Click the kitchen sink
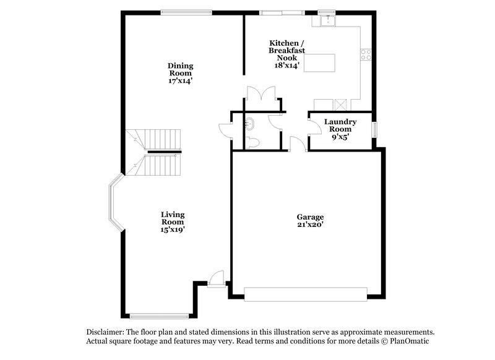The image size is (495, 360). pyautogui.click(x=325, y=22)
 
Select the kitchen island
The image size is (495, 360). pyautogui.click(x=321, y=62)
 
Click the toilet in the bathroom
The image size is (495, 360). pyautogui.click(x=253, y=144)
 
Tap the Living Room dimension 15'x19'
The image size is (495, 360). pyautogui.click(x=173, y=229)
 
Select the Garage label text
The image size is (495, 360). pyautogui.click(x=310, y=217)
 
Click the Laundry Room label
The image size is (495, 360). pyautogui.click(x=340, y=126)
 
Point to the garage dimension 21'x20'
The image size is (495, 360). pyautogui.click(x=310, y=225)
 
